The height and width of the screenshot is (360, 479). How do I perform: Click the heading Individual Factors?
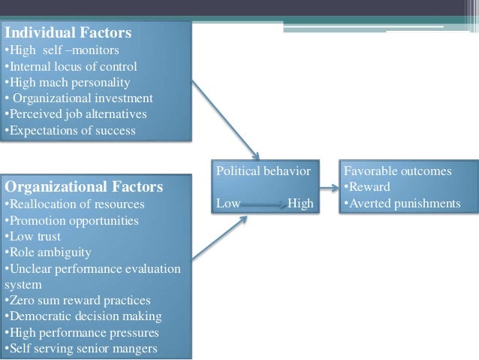(68, 33)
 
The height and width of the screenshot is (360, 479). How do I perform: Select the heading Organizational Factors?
(83, 186)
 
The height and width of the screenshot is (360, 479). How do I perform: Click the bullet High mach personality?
(68, 82)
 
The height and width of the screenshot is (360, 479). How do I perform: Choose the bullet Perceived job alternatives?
(76, 114)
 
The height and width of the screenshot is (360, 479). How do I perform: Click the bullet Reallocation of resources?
(74, 204)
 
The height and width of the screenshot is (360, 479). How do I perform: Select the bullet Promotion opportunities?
(71, 220)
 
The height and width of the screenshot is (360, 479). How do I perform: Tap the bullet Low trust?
(33, 237)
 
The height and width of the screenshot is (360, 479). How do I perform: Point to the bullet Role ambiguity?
(48, 253)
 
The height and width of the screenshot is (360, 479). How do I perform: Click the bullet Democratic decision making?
(83, 316)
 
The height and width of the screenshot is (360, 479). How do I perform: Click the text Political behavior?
(263, 171)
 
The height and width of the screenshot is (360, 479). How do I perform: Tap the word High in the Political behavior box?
(300, 203)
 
